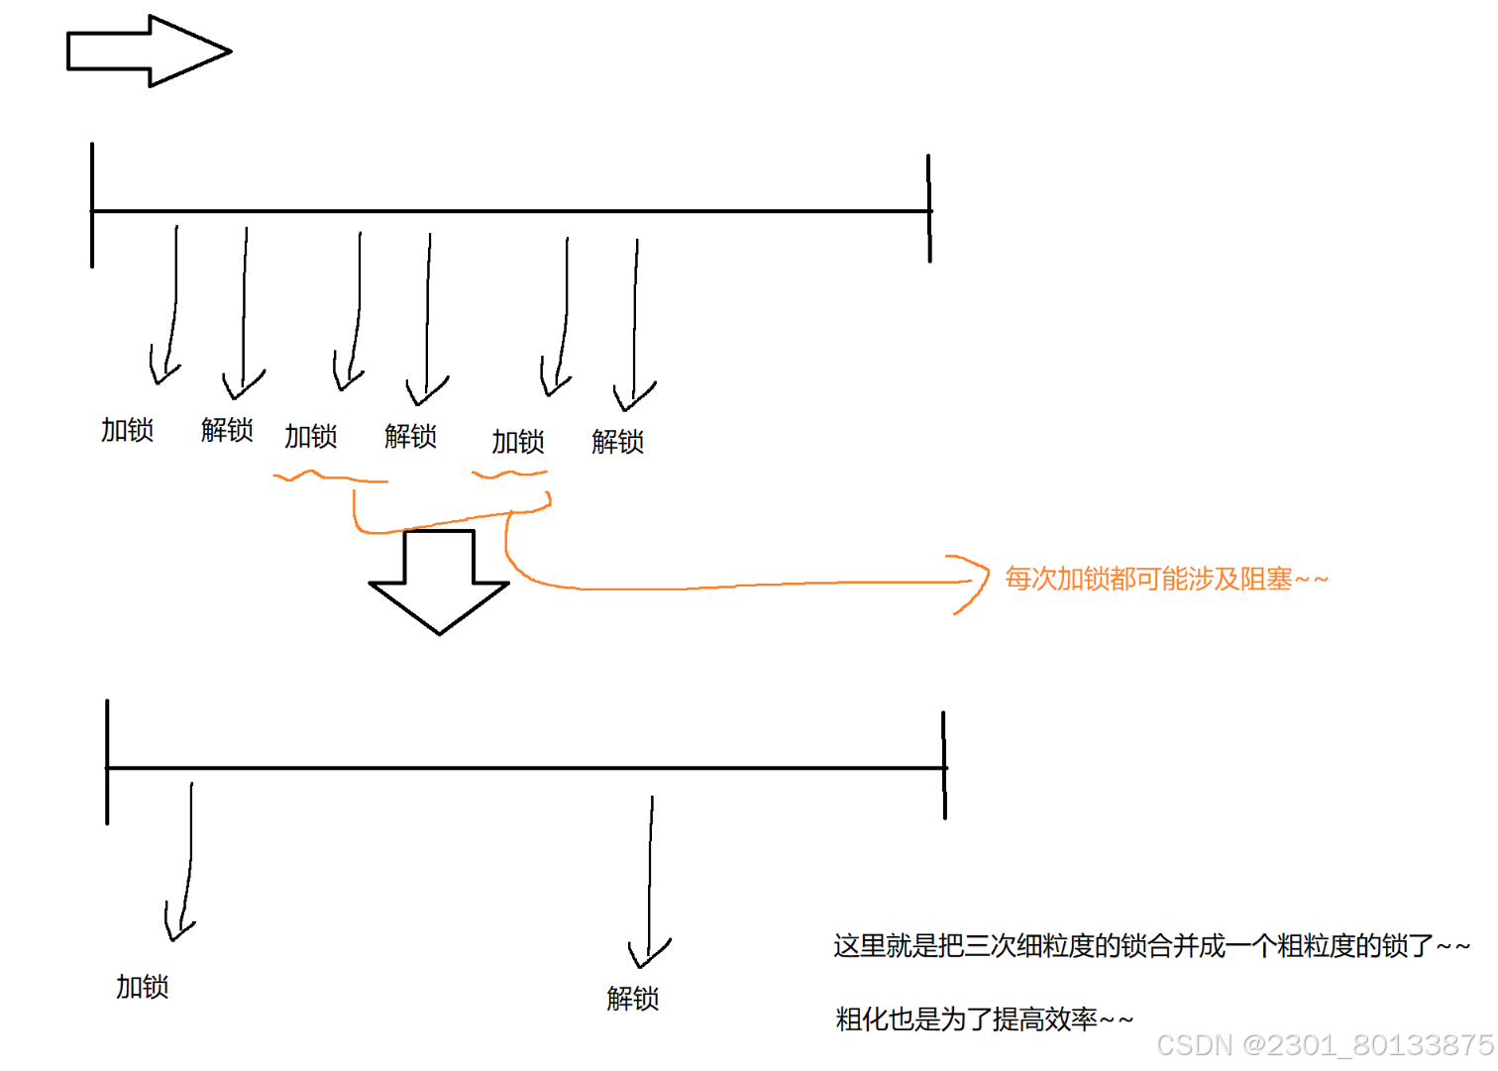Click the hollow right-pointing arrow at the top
coord(149,51)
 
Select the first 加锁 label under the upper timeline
coord(128,430)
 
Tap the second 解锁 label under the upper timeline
coord(411,436)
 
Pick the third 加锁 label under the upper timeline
coord(518,442)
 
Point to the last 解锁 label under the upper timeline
coord(618,442)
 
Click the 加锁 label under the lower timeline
coord(143,987)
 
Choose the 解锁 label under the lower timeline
coord(633,999)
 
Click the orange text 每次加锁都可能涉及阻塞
coord(1166,579)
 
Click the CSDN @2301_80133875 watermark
coord(1325,1045)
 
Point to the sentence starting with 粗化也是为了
coord(984,1018)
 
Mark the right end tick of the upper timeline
coord(929,208)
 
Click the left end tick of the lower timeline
coord(107,763)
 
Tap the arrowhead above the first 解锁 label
coord(243,384)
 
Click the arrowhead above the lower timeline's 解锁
coord(648,953)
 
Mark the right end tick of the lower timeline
coord(944,765)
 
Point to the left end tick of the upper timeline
coord(92,206)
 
